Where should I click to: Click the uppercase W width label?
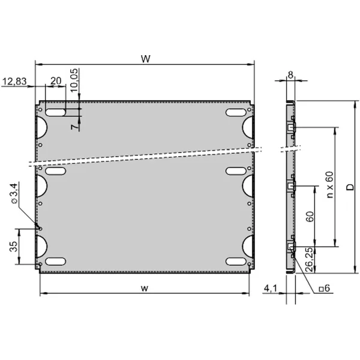click(146, 59)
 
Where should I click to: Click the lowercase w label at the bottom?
click(145, 288)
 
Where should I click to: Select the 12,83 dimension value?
click(14, 81)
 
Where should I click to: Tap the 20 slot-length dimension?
click(56, 81)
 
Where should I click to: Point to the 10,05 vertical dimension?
click(74, 80)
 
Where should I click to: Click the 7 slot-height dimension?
click(74, 127)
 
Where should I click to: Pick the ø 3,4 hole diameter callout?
click(14, 193)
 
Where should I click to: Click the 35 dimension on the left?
click(14, 247)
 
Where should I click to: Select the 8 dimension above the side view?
click(290, 75)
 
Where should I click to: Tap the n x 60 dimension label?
click(329, 185)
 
